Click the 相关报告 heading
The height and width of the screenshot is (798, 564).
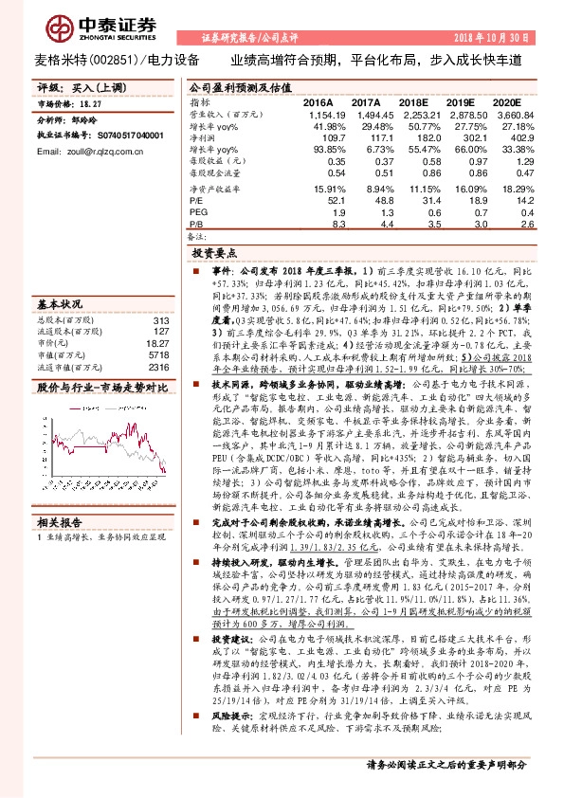(59, 522)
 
